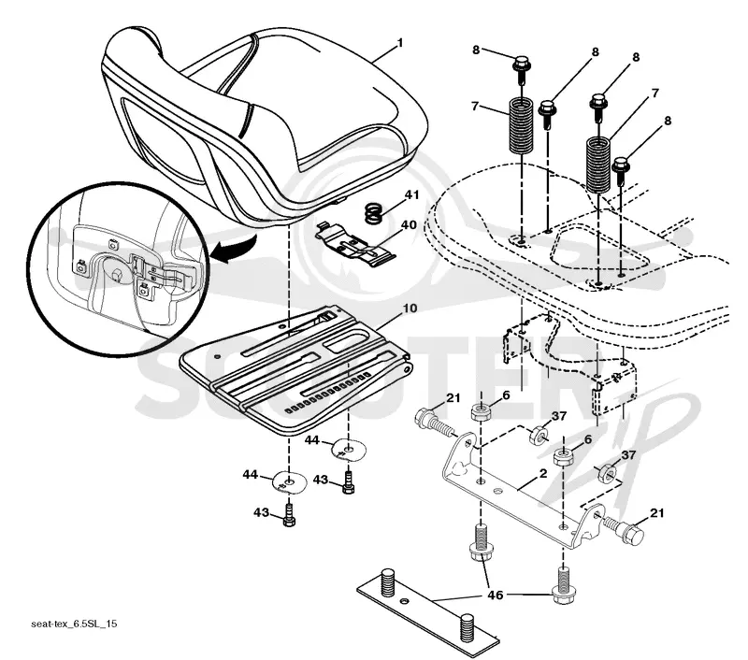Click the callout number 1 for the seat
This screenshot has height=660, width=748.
click(400, 43)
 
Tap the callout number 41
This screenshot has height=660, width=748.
click(411, 195)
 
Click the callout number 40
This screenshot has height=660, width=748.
click(409, 224)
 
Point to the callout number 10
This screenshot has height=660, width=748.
click(410, 308)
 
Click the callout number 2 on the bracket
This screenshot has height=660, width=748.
click(542, 474)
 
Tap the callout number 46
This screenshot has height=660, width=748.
click(496, 595)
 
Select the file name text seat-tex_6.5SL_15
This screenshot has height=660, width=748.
click(74, 624)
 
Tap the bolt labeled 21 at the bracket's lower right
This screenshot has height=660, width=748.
click(623, 529)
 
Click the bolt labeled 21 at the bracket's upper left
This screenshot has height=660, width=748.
click(435, 423)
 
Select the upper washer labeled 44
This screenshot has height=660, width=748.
click(350, 450)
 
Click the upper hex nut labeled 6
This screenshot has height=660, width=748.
click(482, 411)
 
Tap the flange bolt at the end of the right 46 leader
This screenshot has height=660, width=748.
click(564, 585)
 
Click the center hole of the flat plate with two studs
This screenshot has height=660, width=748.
click(405, 599)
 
